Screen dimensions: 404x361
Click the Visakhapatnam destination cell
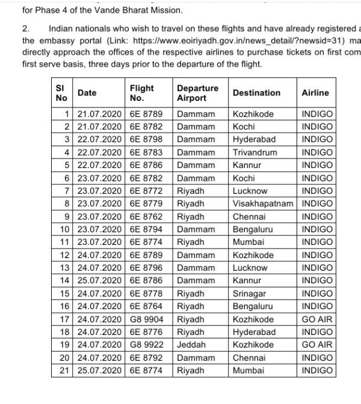(263, 204)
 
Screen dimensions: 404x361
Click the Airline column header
(315, 92)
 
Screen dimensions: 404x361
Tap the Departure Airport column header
(197, 92)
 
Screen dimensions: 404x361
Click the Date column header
(87, 92)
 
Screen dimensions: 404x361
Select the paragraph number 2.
(25, 28)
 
